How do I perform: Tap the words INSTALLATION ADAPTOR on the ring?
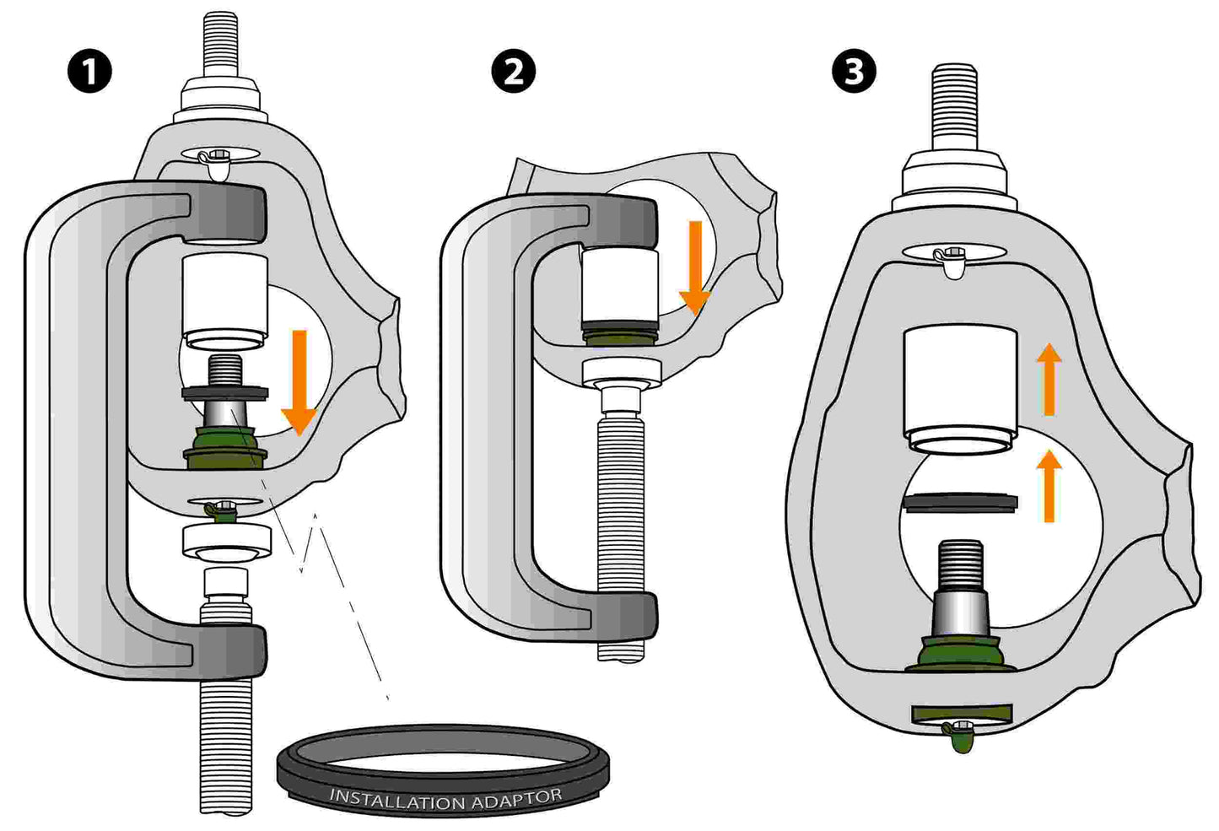[445, 797]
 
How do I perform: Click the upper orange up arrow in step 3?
[1049, 379]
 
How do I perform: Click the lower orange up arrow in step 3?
[1049, 485]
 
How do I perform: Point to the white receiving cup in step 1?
[225, 299]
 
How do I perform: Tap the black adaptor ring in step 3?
[959, 503]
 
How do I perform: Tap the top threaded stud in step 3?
[955, 105]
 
